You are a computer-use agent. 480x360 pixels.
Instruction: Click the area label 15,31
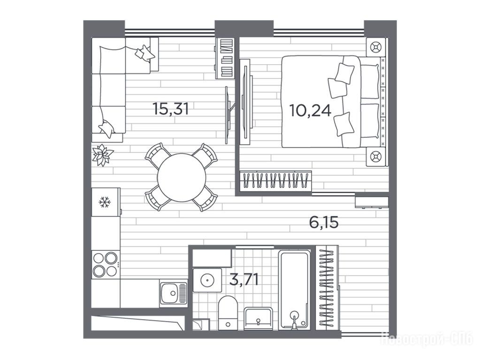[x=170, y=109]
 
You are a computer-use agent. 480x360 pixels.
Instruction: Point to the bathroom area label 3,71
[x=244, y=279]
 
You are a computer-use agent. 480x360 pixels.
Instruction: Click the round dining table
[x=182, y=177]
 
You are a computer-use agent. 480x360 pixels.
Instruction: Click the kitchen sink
[x=173, y=293]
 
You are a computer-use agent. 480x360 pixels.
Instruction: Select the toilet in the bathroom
[x=228, y=313]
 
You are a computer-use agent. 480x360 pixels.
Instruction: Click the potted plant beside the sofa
[x=102, y=155]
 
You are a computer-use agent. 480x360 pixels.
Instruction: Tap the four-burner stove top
[x=105, y=264]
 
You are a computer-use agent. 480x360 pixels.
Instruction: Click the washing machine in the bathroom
[x=207, y=280]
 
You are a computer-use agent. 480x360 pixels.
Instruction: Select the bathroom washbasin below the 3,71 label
[x=258, y=319]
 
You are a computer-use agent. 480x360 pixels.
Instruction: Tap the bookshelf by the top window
[x=225, y=58]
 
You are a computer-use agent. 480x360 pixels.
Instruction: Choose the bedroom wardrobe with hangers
[x=275, y=180]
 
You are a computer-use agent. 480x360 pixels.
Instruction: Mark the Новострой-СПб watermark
[x=427, y=339]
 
